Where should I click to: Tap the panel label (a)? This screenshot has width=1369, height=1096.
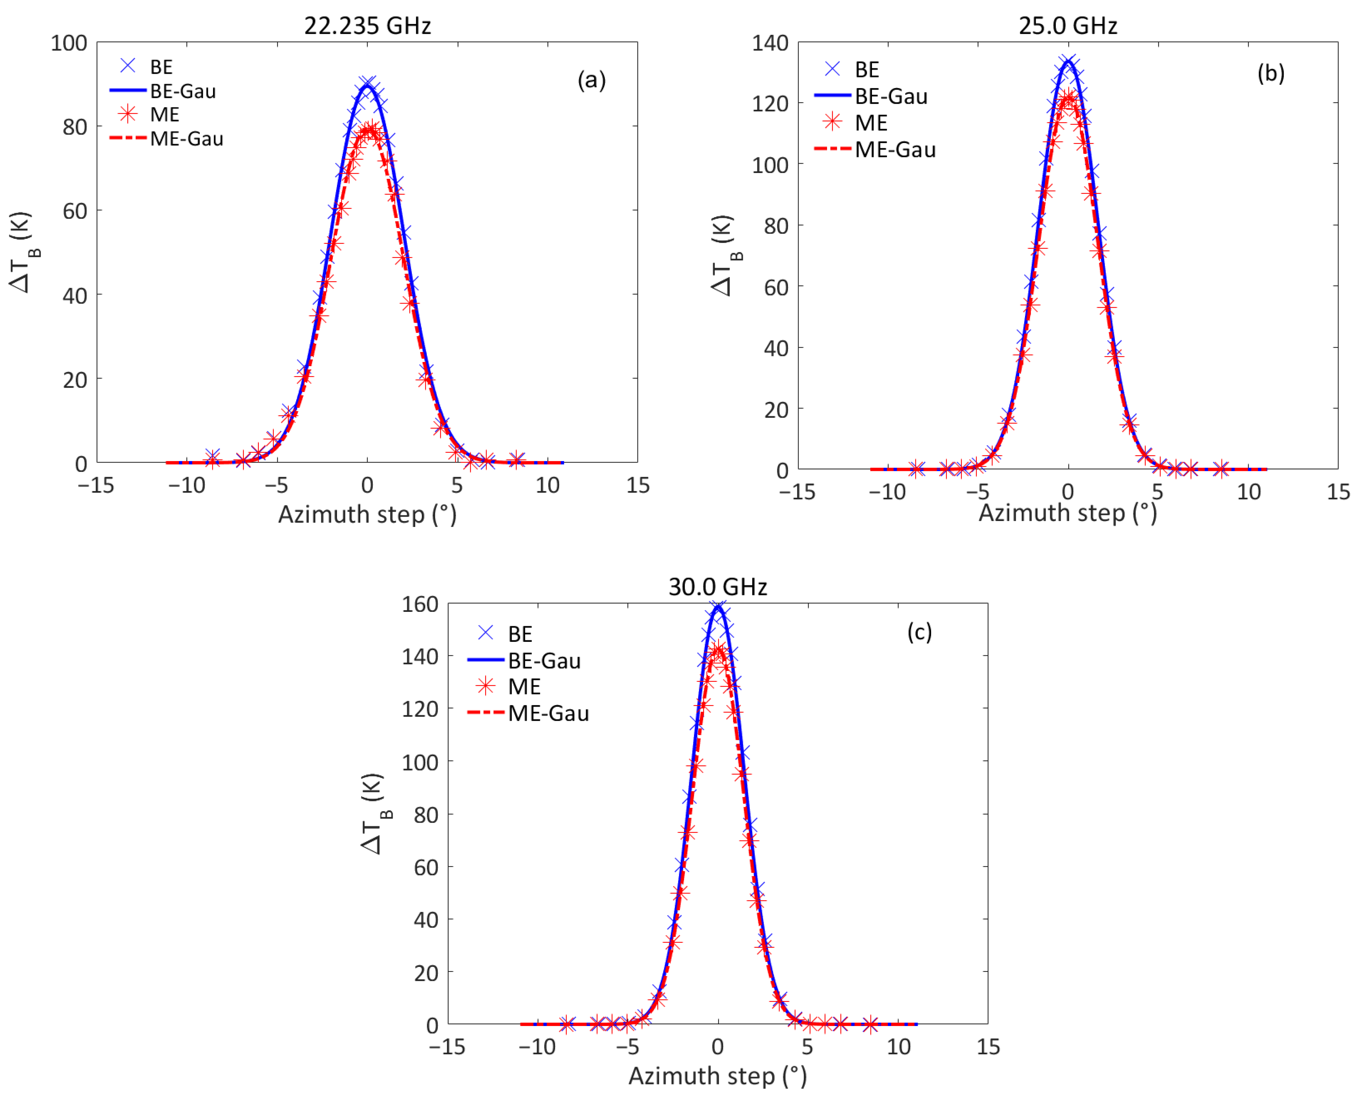(x=591, y=80)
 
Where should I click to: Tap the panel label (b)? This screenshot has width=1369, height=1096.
(x=1270, y=73)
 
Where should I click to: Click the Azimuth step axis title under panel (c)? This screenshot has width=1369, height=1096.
(x=717, y=1076)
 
